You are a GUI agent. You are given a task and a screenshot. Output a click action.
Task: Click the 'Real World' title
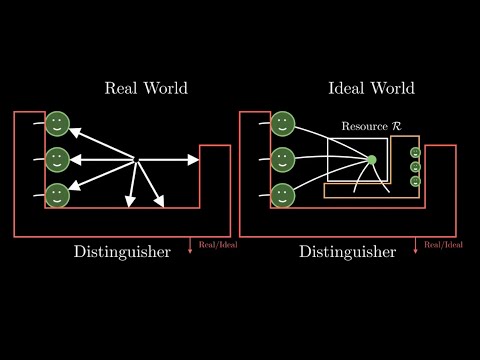146,88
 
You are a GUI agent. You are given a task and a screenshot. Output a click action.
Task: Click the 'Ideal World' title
372,88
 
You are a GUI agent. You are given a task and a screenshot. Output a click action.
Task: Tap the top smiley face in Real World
57,124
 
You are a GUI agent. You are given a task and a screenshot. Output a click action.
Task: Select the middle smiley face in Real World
57,158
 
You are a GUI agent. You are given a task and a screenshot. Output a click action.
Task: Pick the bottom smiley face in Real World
57,193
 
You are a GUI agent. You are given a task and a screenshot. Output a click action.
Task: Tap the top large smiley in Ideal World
283,124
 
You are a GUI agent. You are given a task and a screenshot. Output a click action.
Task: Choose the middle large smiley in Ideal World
283,158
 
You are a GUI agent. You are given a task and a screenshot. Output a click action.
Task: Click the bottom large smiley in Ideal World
283,193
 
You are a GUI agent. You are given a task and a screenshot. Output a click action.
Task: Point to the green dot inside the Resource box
372,160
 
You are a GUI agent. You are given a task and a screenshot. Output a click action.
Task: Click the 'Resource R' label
371,127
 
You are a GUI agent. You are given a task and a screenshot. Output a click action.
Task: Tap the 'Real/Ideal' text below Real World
218,244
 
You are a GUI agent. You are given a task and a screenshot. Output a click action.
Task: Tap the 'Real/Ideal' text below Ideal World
444,244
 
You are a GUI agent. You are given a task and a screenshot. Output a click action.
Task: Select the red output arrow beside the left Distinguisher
191,246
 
